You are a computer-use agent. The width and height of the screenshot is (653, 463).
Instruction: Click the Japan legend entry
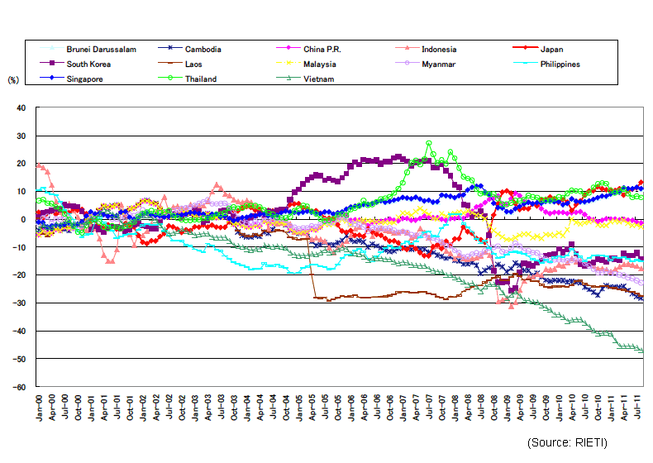551,50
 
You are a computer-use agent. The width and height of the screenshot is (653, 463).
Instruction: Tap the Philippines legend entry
557,64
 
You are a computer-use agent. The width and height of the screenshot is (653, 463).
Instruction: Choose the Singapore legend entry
90,79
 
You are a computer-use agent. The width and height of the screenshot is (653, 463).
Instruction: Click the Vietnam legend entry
317,79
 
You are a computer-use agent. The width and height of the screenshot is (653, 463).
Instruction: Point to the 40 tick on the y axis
21,107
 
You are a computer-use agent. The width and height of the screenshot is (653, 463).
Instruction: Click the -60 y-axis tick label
20,387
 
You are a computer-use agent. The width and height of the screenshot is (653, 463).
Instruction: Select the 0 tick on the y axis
24,219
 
